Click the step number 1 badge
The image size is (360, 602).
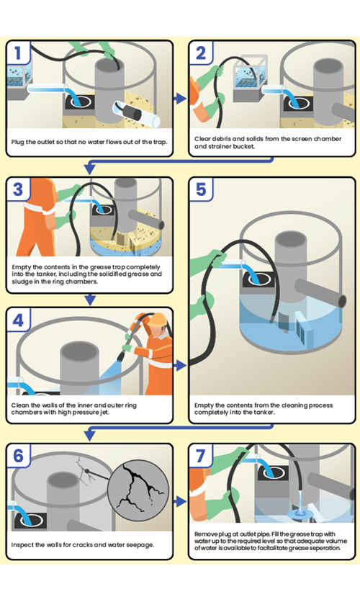pos(18,53)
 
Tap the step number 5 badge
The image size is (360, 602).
pos(201,189)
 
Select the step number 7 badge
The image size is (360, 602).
pos(201,456)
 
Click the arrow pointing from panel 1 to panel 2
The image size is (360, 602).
pos(180,99)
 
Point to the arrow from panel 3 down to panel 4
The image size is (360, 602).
pos(90,300)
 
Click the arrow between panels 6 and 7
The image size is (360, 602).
pos(180,501)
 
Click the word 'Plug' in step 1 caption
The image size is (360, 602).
pos(18,142)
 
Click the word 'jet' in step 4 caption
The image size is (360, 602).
pos(104,413)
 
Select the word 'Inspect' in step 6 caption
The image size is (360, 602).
pos(21,545)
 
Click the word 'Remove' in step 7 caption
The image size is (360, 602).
pos(206,534)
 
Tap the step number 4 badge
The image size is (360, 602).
pos(18,320)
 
